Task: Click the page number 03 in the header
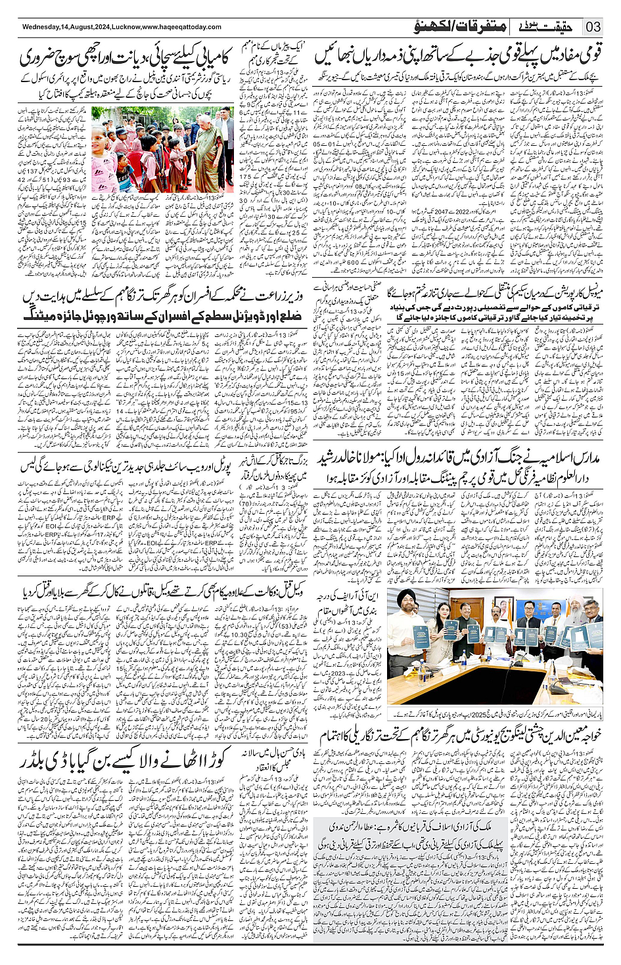(595, 27)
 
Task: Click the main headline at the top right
(459, 57)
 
